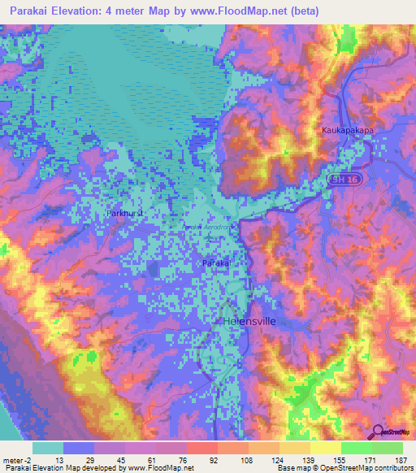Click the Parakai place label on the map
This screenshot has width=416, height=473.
[x=217, y=264]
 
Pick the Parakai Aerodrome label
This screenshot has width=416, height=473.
[x=208, y=228]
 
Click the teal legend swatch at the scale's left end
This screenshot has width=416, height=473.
[x=48, y=447]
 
